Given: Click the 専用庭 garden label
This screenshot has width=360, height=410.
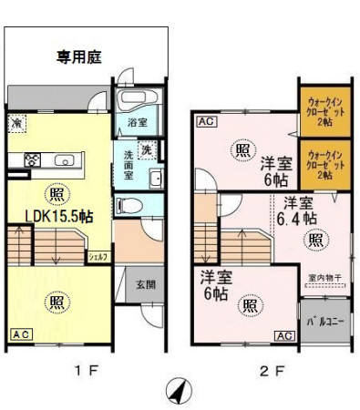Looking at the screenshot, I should click(79, 56).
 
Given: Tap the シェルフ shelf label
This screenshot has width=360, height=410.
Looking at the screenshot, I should click(98, 258).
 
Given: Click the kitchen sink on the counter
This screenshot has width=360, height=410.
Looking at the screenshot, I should click(64, 161).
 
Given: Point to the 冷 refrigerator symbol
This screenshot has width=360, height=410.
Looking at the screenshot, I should click(18, 122).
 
